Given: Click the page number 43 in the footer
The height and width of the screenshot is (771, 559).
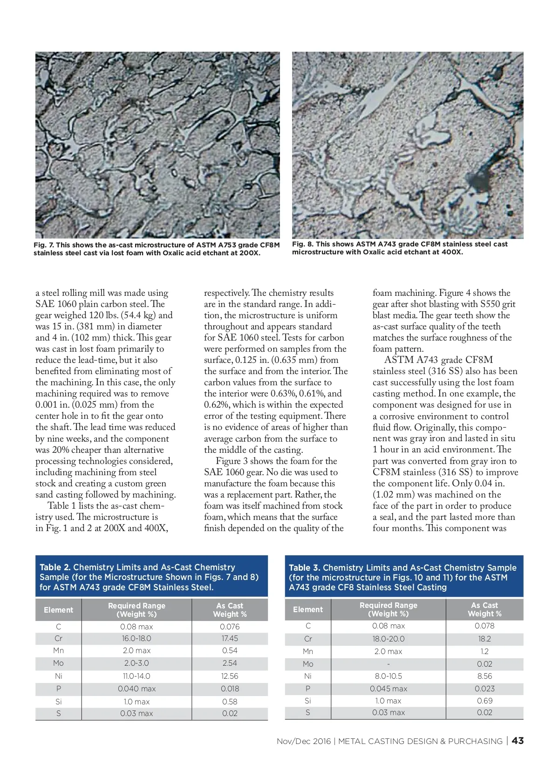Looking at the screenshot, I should coord(518,741).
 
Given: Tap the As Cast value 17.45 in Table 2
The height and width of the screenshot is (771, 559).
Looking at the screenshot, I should coord(230,639).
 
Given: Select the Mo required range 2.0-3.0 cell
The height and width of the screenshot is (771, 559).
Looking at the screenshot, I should coord(136,663).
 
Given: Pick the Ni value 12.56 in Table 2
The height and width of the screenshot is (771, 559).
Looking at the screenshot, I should coord(230,676).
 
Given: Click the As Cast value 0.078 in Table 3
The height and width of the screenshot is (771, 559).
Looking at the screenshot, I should coord(484,626).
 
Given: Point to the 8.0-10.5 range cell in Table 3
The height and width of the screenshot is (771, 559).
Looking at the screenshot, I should coord(389,676).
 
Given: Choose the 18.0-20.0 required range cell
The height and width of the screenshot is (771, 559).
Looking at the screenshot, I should coord(389,639).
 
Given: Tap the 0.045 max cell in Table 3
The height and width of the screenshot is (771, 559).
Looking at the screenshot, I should coord(389,689).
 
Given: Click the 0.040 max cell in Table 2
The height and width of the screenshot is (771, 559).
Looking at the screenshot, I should coord(136,689).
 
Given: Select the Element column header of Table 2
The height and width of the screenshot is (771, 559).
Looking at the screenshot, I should coord(59,610).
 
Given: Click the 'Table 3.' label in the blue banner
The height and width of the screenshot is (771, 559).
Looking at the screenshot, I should coord(304,568).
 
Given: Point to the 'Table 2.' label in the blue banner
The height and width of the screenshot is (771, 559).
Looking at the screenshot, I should coord(55,567).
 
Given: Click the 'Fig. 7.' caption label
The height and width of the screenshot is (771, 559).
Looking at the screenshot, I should coord(44,245).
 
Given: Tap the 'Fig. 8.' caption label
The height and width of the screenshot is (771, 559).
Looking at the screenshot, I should coord(303,244).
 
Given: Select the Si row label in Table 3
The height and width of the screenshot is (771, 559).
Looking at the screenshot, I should coord(308,701).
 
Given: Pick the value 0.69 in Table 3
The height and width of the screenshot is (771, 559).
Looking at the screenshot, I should coord(484,701).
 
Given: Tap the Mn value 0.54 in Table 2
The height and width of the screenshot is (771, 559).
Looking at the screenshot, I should coord(230,651).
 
